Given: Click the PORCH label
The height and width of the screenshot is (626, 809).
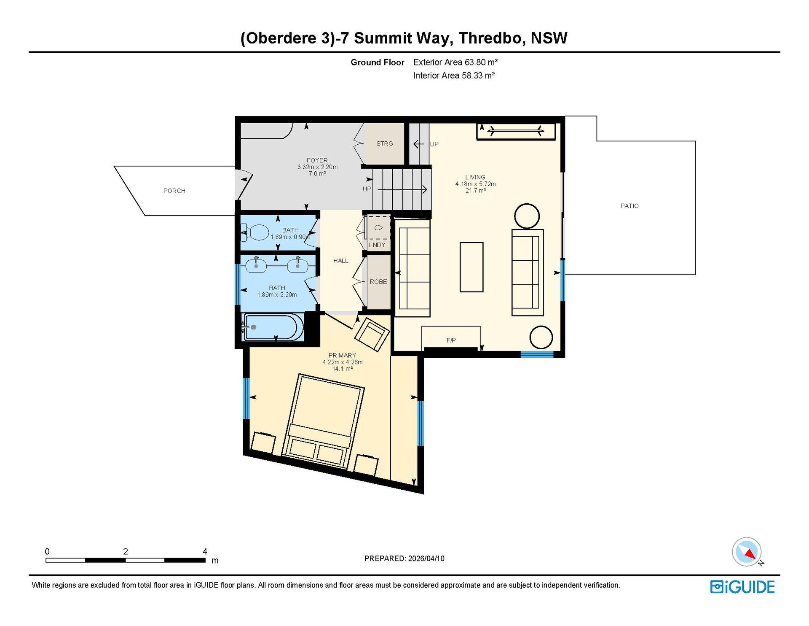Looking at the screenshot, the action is (x=174, y=191).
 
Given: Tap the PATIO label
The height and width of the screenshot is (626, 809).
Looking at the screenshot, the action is (x=630, y=206).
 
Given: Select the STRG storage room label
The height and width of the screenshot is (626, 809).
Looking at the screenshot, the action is (x=385, y=144).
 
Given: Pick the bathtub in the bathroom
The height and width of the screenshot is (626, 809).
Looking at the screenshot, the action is (x=273, y=326).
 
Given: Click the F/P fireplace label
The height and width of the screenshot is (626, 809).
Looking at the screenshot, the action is (x=451, y=340).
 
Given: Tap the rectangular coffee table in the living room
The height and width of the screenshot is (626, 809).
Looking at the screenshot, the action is (x=471, y=267).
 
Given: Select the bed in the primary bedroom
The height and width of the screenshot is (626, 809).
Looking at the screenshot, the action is (x=324, y=421).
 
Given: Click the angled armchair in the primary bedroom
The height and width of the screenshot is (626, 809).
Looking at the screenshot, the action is (x=372, y=335).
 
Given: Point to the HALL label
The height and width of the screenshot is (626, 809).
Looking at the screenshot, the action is (x=341, y=261).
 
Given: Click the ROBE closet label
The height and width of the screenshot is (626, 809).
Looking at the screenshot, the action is (x=378, y=282).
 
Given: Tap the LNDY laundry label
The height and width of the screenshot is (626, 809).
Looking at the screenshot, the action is (x=377, y=245).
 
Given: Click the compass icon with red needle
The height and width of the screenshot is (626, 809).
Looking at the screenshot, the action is (x=747, y=552).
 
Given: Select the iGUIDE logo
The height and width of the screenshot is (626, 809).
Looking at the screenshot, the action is (x=742, y=587).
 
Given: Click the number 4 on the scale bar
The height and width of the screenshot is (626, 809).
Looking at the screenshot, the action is (x=205, y=552).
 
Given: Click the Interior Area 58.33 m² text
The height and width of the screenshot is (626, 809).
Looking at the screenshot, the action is (x=454, y=76).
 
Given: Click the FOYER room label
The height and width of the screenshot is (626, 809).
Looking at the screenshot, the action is (x=317, y=161).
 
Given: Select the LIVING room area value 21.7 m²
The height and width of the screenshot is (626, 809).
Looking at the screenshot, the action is (x=475, y=191).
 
